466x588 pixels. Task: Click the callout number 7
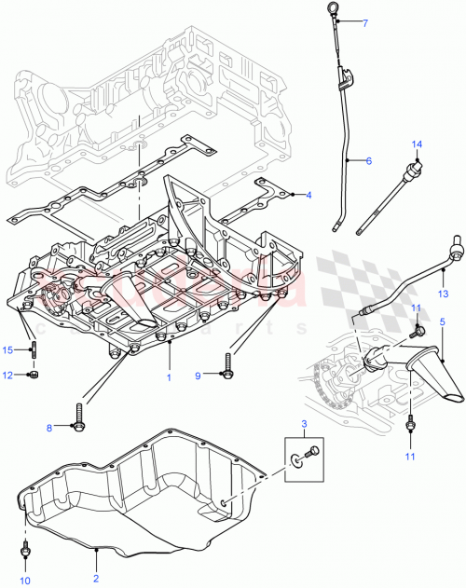pos(366,22)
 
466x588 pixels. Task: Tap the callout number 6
pos(368,161)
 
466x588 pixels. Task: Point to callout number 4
pos(308,194)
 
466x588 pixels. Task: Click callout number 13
pos(445,292)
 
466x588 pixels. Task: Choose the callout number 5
pos(442,321)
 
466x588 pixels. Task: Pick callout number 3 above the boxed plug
pos(302,425)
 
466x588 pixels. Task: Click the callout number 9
pos(198,375)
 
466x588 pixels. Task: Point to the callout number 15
pos(7,349)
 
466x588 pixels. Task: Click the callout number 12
pos(7,375)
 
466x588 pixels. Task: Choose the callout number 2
pos(96,565)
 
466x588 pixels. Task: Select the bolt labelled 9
pos(226,371)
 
